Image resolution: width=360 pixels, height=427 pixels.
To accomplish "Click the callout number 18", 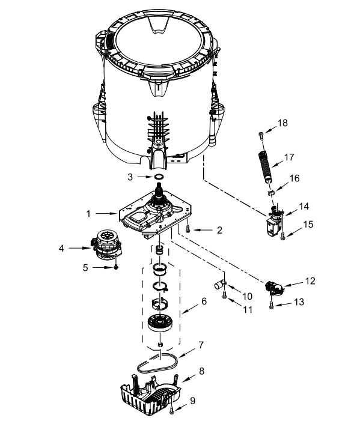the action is pyautogui.click(x=282, y=123).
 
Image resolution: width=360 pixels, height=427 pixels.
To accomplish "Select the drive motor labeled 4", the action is pyautogui.click(x=106, y=246).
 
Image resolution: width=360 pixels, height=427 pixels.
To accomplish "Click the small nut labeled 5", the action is pyautogui.click(x=117, y=268).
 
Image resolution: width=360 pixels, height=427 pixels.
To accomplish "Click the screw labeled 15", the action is pyautogui.click(x=282, y=236).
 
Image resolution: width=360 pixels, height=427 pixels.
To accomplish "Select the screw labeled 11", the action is pyautogui.click(x=225, y=295).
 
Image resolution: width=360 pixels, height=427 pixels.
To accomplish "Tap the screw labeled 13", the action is pyautogui.click(x=271, y=306).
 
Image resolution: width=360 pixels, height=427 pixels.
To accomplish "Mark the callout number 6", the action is pyautogui.click(x=204, y=301).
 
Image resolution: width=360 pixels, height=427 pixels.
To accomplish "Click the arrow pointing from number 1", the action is pyautogui.click(x=106, y=214).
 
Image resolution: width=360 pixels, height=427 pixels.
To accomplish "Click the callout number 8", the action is pyautogui.click(x=202, y=371).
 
